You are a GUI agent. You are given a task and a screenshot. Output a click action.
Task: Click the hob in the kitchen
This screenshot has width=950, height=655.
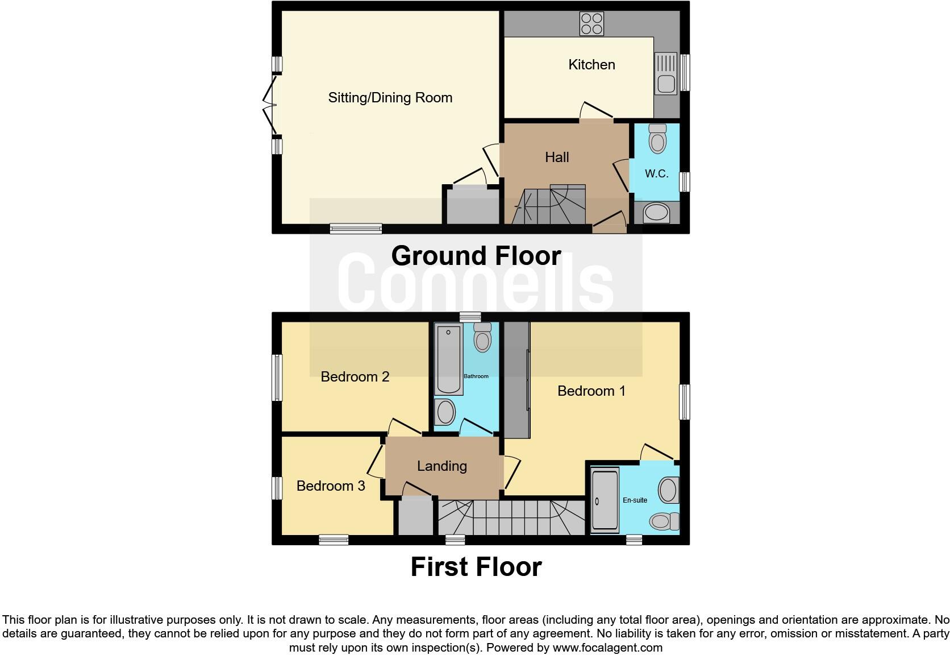(591, 24)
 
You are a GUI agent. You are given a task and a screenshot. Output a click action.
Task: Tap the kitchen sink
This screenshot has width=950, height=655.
(665, 73)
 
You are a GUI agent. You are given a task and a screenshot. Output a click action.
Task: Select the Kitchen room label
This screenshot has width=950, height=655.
(591, 65)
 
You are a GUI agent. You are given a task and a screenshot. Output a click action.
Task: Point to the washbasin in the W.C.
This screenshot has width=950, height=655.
(656, 213)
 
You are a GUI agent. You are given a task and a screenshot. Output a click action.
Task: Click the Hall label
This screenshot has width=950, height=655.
(557, 157)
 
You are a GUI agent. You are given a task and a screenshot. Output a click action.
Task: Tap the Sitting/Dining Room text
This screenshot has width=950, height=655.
(390, 98)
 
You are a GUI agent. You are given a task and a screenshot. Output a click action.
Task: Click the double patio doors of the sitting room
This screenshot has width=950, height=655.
(269, 106)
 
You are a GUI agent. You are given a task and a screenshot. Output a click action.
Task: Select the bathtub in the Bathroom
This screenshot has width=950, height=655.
(448, 360)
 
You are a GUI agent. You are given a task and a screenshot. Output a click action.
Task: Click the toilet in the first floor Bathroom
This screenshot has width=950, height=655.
(482, 338)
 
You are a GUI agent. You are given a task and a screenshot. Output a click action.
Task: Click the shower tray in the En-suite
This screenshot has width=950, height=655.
(605, 500)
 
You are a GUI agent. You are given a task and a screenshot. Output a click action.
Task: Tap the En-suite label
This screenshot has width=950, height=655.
(635, 500)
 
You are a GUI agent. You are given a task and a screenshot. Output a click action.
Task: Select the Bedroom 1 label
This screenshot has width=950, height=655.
(591, 391)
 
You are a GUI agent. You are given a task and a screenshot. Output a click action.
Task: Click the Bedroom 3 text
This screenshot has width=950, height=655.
(331, 486)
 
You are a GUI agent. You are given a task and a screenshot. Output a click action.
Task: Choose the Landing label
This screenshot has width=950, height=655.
(441, 466)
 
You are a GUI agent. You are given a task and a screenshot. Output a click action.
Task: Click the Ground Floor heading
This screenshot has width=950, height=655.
(476, 256)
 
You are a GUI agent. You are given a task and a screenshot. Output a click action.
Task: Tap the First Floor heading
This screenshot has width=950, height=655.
(476, 567)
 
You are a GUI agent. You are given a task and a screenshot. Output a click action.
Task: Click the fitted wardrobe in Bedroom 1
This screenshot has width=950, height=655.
(516, 380)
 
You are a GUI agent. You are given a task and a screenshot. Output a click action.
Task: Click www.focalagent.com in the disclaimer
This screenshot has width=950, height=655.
(607, 648)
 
